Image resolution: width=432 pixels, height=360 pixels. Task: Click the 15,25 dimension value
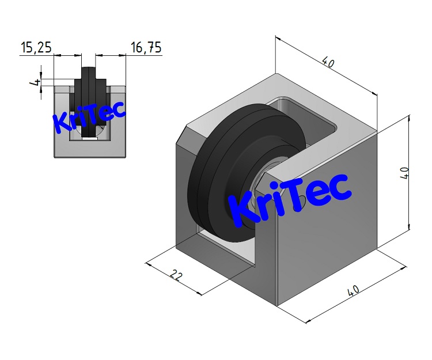point(36,48)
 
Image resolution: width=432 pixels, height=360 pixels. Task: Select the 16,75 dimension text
point(146,48)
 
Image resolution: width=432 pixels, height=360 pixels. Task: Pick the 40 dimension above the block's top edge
point(328,63)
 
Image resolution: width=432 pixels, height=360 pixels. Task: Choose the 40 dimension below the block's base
point(352,291)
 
